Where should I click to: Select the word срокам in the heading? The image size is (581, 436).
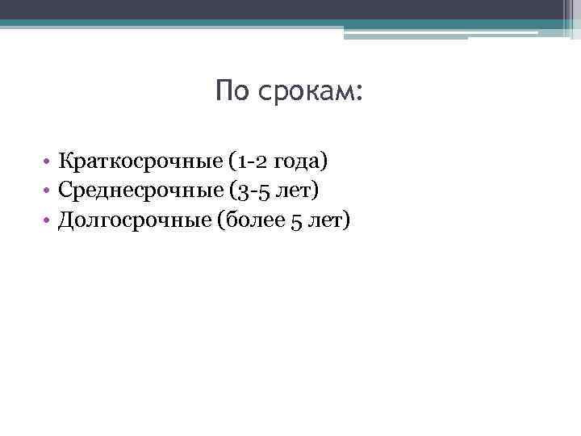point(306,92)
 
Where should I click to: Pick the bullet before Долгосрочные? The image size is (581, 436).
point(48,219)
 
